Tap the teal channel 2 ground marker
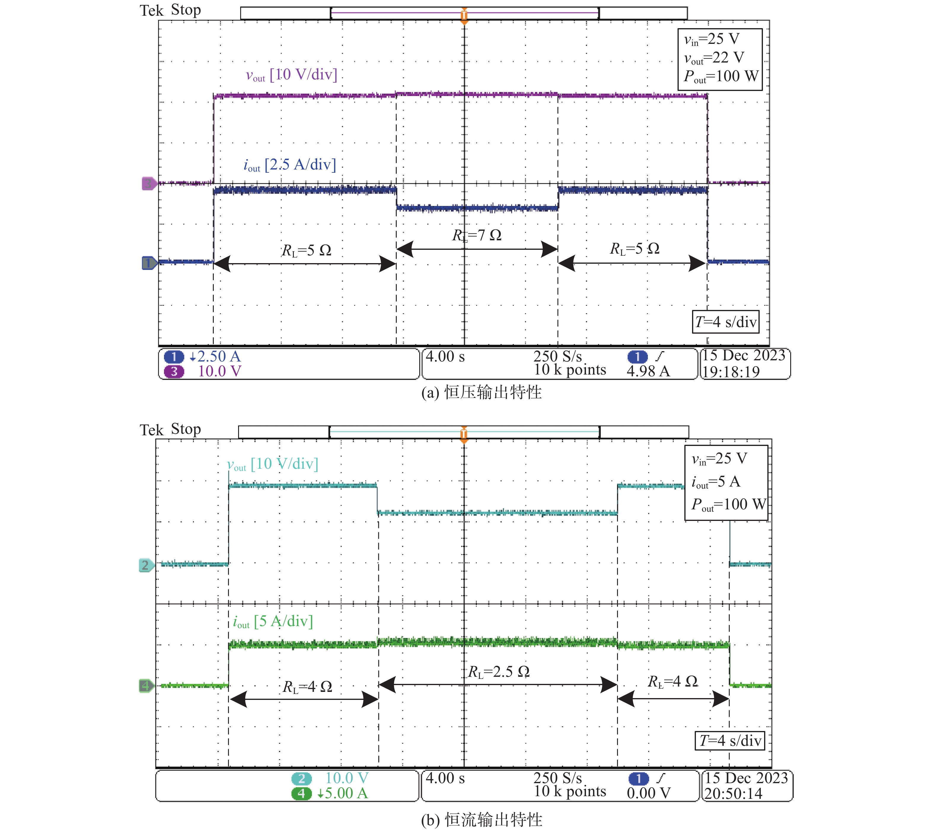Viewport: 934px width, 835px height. (146, 565)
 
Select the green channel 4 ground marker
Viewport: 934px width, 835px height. (146, 686)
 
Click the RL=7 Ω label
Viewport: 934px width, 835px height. (477, 235)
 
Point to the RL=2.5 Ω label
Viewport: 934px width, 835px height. (499, 672)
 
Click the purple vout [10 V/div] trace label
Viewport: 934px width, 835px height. (291, 75)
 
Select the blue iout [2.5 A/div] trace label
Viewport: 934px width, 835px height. (290, 165)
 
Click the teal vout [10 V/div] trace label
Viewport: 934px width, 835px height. (273, 464)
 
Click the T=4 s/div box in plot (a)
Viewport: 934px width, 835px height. (726, 321)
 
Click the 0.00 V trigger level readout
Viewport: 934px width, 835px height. (648, 793)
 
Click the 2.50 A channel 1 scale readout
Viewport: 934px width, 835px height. (215, 356)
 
